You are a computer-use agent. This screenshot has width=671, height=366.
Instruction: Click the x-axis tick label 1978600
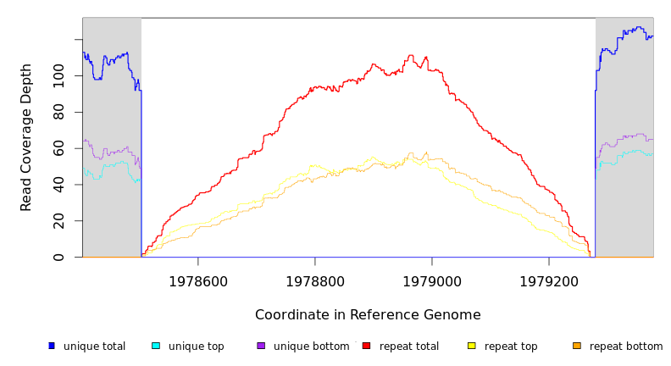pos(198,281)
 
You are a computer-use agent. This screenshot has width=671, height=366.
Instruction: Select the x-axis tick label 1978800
pos(315,281)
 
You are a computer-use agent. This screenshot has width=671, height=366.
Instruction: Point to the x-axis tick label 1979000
pos(432,281)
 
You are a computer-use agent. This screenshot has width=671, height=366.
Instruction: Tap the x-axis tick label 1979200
pos(549,281)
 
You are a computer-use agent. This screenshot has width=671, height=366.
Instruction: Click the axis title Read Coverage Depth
pos(26,137)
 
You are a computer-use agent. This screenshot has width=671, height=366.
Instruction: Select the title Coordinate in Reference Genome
pos(368,315)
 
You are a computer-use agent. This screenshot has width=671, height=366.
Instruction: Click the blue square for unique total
pos(52,346)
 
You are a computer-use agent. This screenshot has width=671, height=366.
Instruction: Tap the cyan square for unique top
pos(156,346)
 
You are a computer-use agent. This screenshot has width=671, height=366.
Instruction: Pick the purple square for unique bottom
pos(261,346)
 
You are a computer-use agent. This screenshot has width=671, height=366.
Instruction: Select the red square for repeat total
pos(366,346)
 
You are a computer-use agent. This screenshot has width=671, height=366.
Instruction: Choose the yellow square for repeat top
pos(472,346)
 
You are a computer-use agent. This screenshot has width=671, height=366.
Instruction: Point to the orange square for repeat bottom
pos(577,346)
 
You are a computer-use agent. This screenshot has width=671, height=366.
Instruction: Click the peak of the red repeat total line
pos(411,56)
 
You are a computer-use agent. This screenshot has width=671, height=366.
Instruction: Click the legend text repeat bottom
pos(626,347)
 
